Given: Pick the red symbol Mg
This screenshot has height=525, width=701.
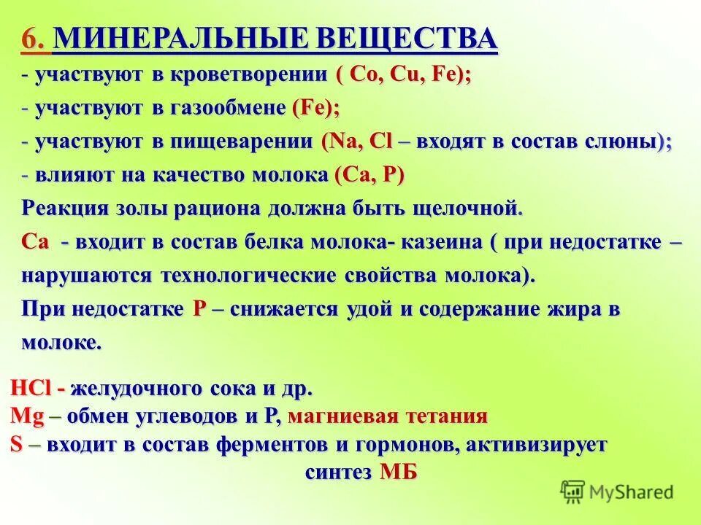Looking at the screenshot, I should click(28, 416).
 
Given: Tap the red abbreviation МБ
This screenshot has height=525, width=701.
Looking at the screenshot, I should click(399, 472).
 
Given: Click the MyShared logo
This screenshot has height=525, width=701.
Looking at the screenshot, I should click(618, 491).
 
